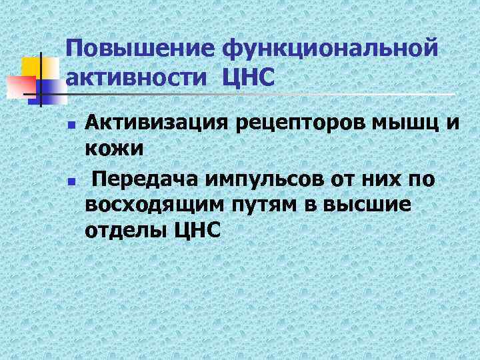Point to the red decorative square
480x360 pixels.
20,87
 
